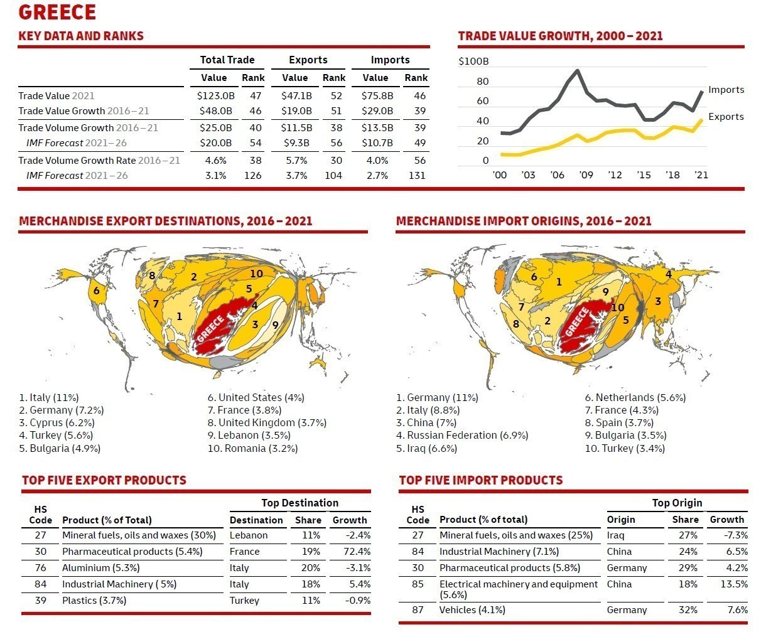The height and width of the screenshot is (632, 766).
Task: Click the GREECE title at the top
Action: point(57,12)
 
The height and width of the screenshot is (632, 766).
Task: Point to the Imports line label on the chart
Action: point(726,90)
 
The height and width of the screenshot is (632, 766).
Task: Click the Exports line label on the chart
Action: point(726,117)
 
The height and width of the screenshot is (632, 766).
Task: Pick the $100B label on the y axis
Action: point(473,62)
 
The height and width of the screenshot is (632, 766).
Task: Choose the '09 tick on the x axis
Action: point(586,175)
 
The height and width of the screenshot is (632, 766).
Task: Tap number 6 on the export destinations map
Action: point(97,291)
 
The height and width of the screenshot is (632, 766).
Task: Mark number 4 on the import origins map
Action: point(669,274)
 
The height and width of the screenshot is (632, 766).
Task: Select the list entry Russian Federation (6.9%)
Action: point(462,436)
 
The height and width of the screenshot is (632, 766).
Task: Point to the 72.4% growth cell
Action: point(355,552)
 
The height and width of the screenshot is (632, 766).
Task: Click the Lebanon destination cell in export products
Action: point(249,535)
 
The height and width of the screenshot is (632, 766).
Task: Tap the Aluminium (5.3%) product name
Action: point(100,568)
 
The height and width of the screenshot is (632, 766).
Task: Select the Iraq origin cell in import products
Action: point(615,535)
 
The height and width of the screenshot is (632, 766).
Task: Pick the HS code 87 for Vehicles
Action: point(418,610)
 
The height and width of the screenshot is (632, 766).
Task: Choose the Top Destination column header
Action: point(299,503)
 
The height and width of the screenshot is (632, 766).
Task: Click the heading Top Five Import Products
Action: point(480,481)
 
